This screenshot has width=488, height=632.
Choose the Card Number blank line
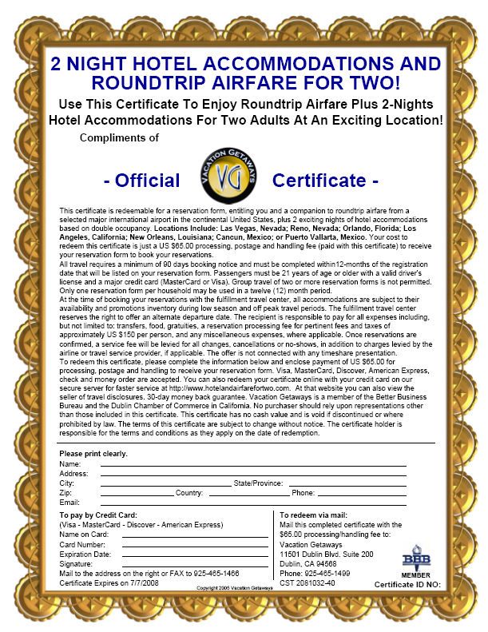(x=195, y=545)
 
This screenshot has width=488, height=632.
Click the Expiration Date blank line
(x=195, y=554)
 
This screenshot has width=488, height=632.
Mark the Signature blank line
(x=195, y=564)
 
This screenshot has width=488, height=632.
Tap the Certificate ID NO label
(x=407, y=584)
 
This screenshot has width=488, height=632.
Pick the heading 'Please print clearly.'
(x=93, y=454)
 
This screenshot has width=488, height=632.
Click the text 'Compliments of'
(x=119, y=138)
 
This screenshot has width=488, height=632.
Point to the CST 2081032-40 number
(x=307, y=583)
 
